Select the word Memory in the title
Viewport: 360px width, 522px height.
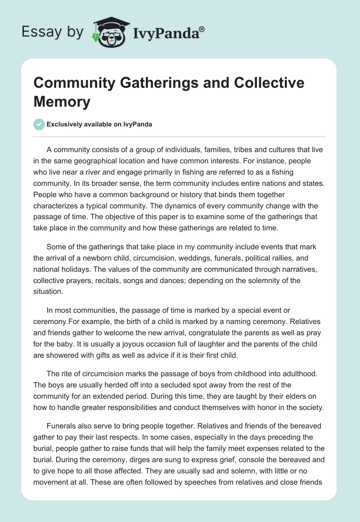62,101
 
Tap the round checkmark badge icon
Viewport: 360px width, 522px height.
40,124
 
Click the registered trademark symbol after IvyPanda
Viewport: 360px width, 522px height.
202,28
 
